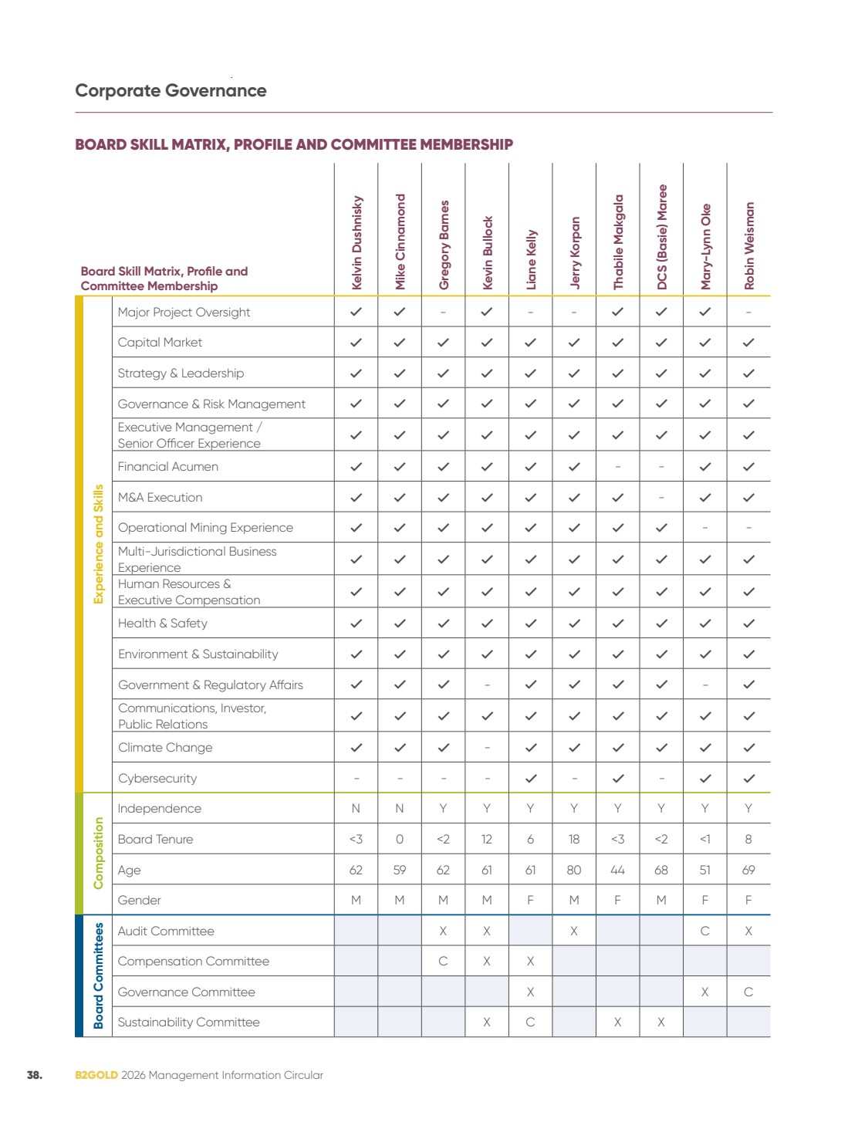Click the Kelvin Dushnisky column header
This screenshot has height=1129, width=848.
point(356,242)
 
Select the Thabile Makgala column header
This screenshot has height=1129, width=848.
point(617,242)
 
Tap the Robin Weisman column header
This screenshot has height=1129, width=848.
point(748,245)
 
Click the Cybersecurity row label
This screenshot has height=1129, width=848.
point(157,778)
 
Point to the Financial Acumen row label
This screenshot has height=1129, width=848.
point(167,467)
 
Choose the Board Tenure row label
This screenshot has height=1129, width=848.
point(155,839)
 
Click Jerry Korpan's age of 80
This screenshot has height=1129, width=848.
point(574,870)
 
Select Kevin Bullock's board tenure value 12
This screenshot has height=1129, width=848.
point(486,839)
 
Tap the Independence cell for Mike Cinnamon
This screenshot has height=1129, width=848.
point(400,809)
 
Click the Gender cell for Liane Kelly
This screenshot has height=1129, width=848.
point(530,900)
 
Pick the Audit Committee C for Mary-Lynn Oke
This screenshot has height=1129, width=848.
point(705,931)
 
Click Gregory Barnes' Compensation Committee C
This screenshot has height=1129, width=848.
point(443,962)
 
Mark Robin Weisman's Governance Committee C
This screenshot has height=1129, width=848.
point(748,992)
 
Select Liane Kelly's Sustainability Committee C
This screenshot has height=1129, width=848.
point(530,1022)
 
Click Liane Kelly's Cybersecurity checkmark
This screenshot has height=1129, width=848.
point(531,778)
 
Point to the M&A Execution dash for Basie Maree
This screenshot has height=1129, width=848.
point(661,498)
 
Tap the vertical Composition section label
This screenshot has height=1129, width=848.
point(98,854)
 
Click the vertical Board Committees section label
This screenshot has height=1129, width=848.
point(98,975)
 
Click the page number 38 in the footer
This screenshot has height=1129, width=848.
point(35,1075)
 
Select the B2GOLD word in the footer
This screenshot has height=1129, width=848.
point(96,1075)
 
